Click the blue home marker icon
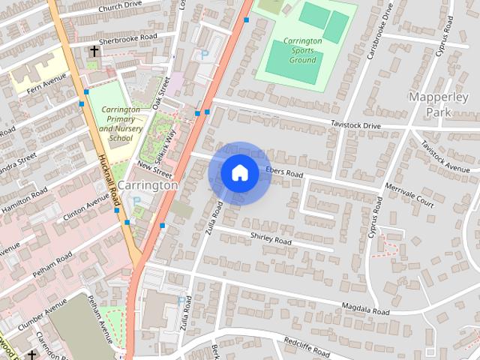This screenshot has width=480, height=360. [x=239, y=172]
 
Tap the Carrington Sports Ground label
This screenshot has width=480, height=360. [x=303, y=50]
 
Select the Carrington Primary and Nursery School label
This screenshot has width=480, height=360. [x=121, y=124]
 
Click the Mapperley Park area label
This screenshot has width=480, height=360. [x=430, y=104]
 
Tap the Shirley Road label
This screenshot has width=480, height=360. [x=270, y=240]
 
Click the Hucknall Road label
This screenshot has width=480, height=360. [x=109, y=181]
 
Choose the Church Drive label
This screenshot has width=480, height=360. [x=120, y=7]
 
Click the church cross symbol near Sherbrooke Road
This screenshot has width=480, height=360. [x=94, y=52]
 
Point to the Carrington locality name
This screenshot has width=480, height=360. [x=148, y=184]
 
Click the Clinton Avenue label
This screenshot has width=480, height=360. [x=86, y=209]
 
